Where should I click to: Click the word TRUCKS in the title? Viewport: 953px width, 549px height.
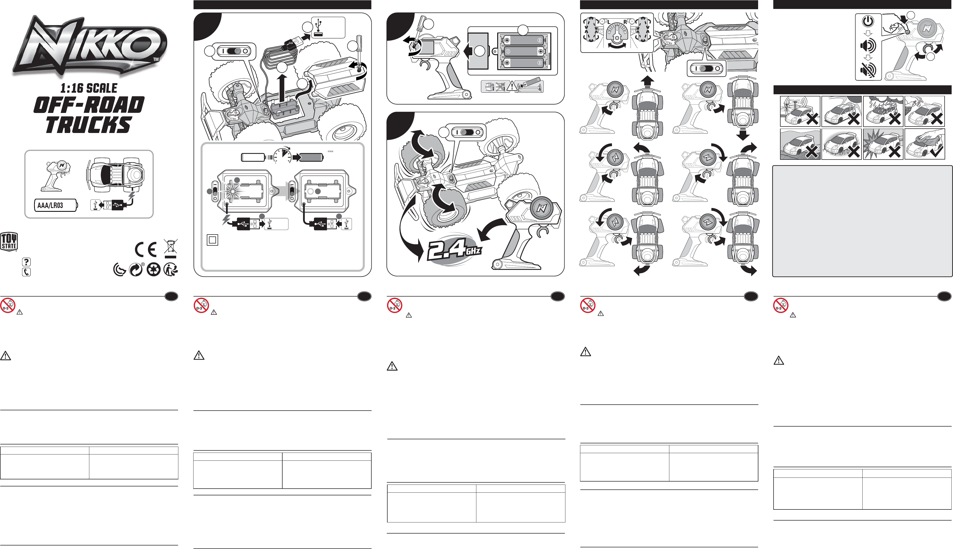pos(89,125)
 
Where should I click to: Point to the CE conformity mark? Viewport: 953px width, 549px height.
pos(146,250)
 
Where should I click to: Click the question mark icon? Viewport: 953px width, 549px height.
pos(26,262)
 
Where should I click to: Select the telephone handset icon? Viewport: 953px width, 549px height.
pos(26,272)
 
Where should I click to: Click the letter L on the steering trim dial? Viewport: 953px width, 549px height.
pos(609,22)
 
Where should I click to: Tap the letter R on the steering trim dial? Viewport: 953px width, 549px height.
pos(625,22)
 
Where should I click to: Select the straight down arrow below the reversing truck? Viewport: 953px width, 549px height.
pos(742,134)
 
